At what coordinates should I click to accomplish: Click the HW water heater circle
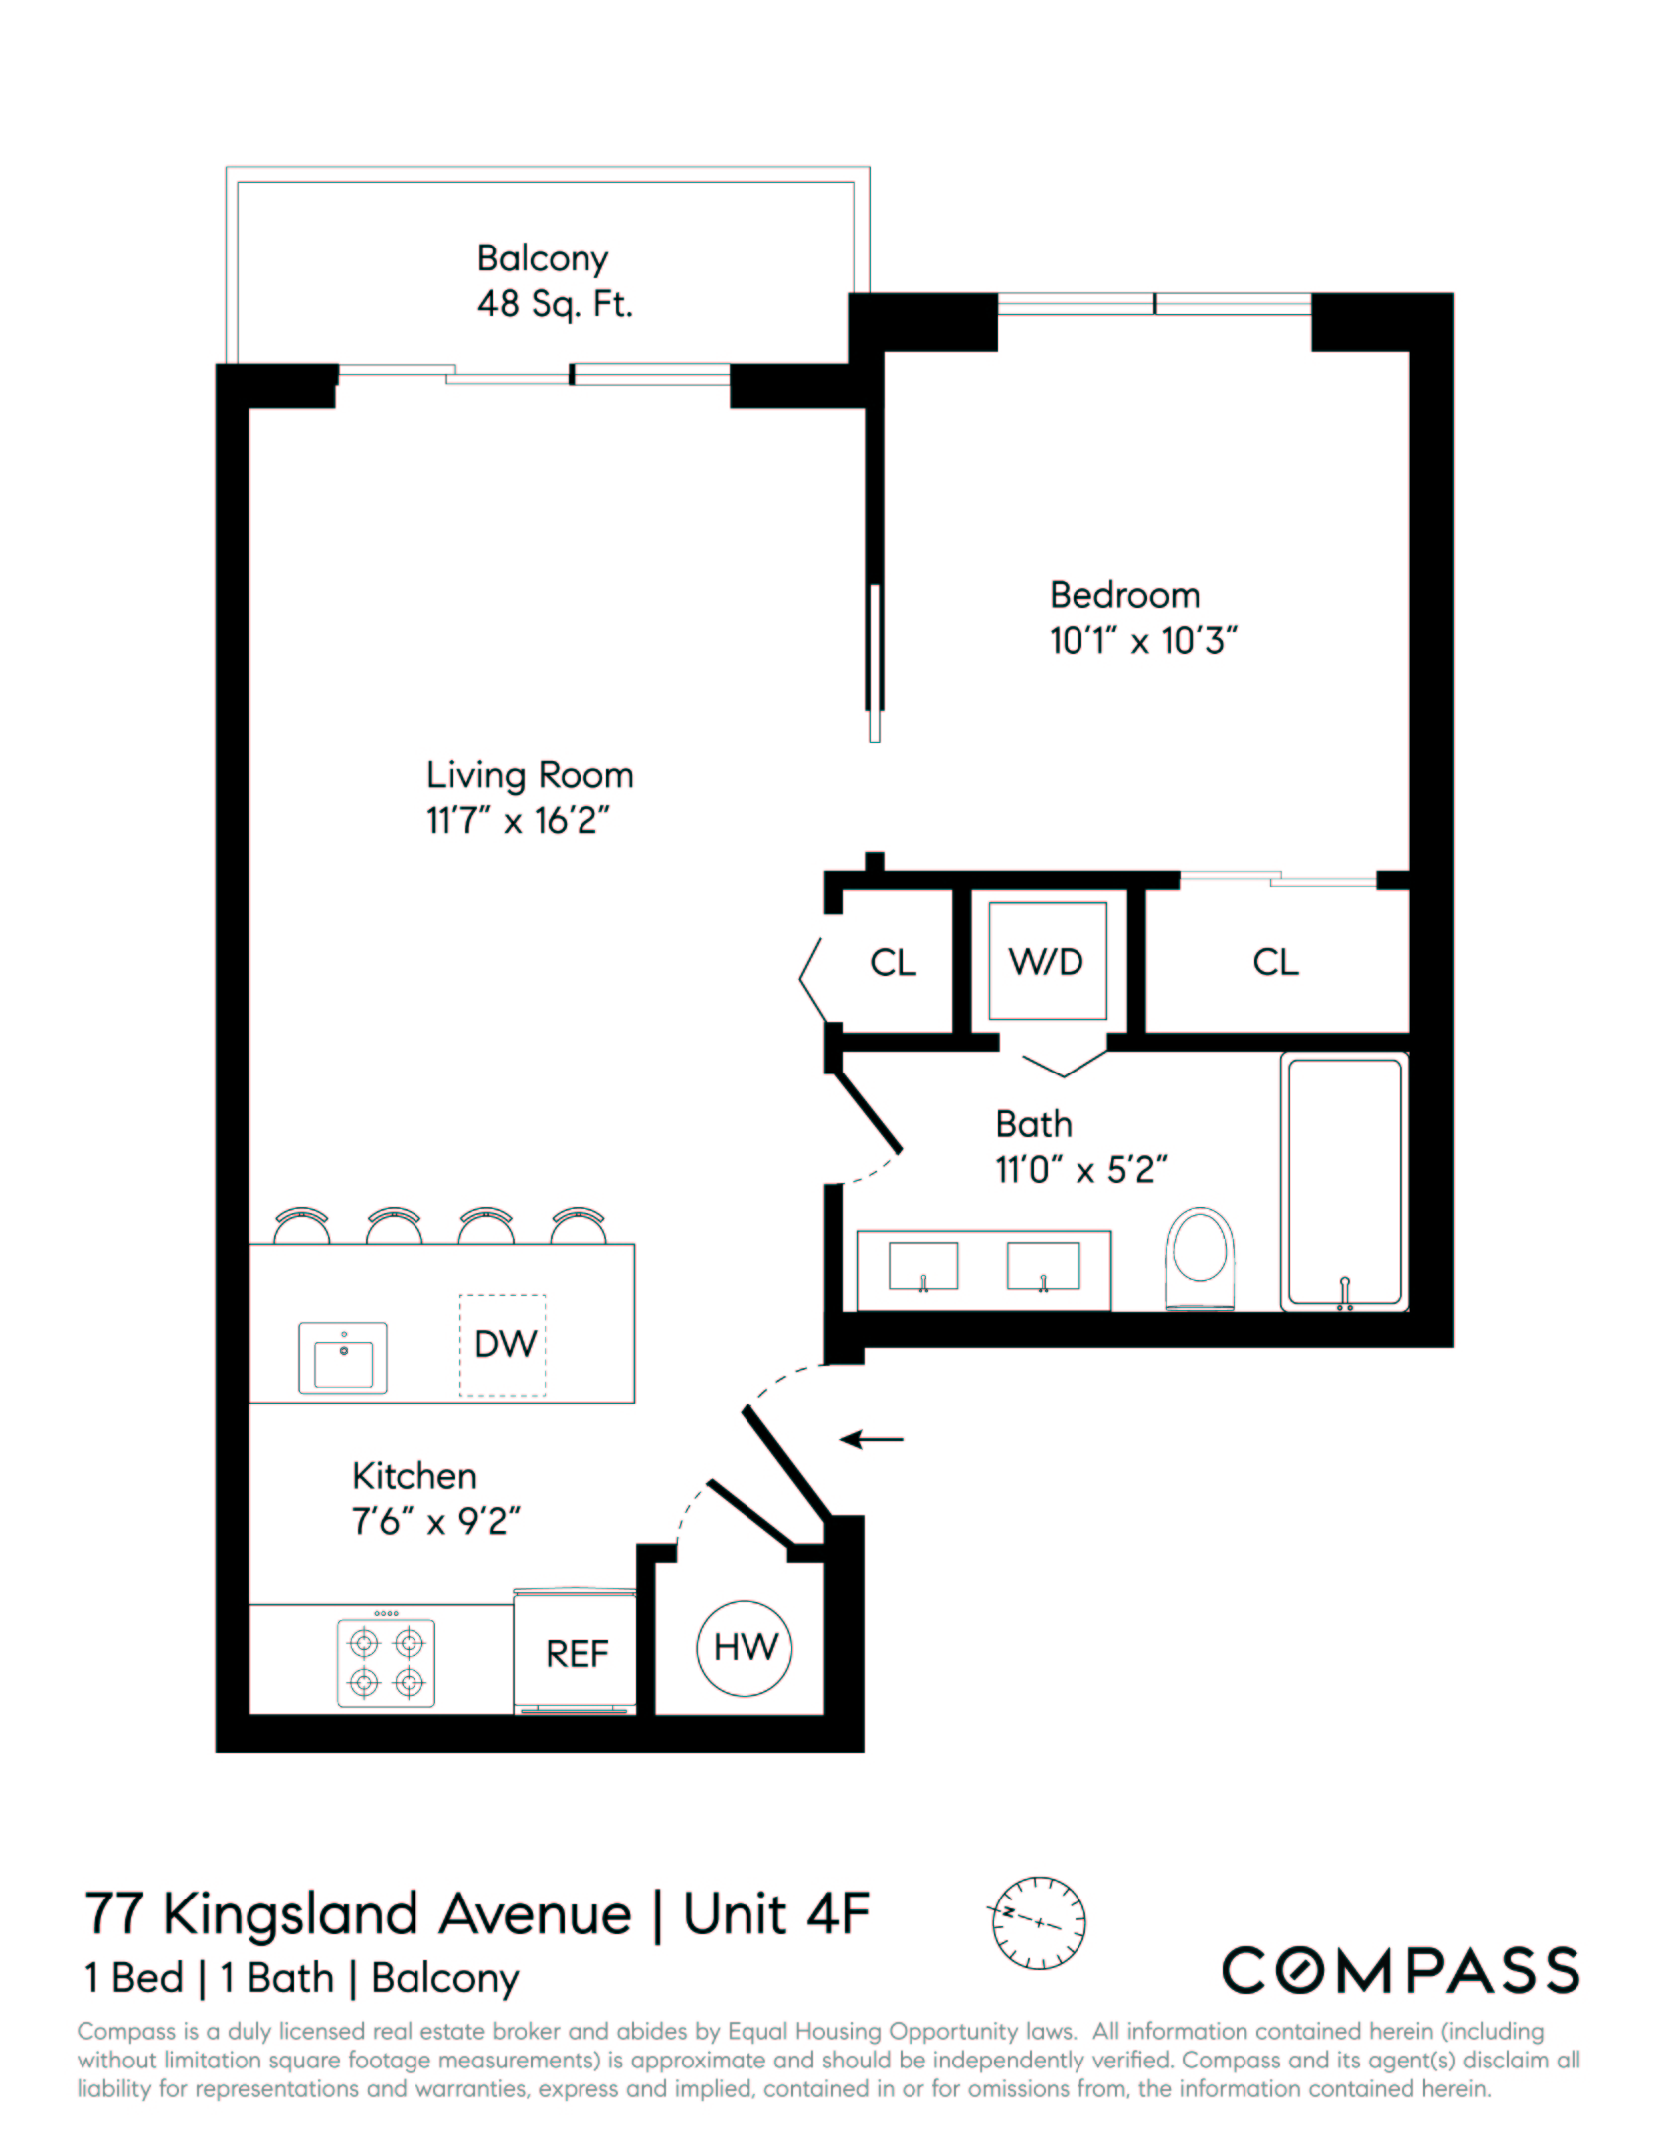tap(745, 1648)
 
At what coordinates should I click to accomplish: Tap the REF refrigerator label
tap(577, 1654)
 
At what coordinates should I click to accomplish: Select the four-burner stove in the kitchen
tap(386, 1662)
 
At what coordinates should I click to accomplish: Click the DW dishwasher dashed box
tap(503, 1345)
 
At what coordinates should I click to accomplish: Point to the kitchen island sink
tap(343, 1358)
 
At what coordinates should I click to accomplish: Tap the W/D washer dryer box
tap(1047, 961)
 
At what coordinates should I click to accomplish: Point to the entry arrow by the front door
tap(872, 1438)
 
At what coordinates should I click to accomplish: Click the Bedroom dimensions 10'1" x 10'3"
tap(1143, 641)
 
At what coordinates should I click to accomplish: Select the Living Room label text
tap(530, 775)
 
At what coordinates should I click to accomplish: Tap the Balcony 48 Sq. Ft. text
tap(554, 281)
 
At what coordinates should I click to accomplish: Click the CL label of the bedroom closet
tap(1275, 962)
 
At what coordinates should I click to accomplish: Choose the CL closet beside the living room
tap(893, 962)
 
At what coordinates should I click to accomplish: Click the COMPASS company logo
tap(1400, 1970)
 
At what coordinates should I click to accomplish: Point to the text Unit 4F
tap(776, 1913)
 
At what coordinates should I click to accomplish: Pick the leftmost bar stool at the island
tap(301, 1227)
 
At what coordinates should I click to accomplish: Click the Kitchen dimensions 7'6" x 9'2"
tap(435, 1522)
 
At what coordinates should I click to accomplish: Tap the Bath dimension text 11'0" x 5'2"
tap(1080, 1170)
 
